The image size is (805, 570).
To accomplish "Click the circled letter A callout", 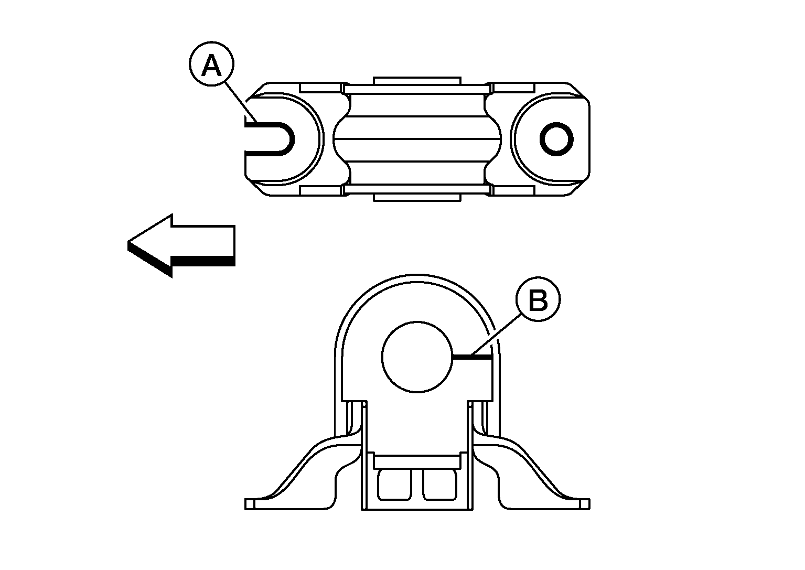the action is pos(211,64).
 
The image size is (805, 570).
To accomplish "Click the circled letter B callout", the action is pos(538,299).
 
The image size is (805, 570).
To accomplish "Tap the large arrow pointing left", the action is pos(181,246).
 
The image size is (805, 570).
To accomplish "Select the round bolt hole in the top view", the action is pos(556,139).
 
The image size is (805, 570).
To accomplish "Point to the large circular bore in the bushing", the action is pos(417,357).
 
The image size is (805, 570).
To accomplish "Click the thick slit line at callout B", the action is pos(471,357).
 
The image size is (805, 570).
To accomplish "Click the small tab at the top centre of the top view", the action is pos(417,80).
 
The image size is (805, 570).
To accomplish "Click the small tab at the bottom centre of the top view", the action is pos(417,197).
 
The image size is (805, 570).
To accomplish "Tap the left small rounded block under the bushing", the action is pos(394,485).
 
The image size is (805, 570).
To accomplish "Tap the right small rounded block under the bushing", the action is pos(439,485).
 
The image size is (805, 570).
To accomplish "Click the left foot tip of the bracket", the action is pos(250,504).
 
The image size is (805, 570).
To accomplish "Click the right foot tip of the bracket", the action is pos(585,504).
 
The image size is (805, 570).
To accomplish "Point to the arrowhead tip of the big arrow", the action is pos(128,242).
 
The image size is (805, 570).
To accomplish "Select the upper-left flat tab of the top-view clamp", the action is pos(321,88).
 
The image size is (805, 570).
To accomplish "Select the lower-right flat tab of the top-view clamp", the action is pos(514,190).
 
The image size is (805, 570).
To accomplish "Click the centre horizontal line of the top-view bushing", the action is pos(417,139).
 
